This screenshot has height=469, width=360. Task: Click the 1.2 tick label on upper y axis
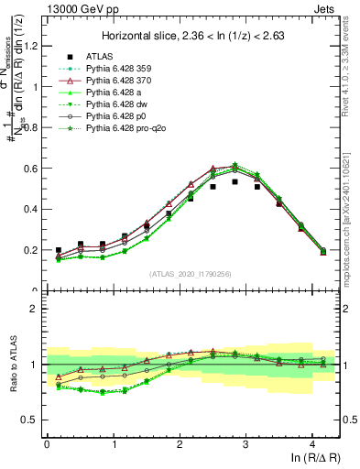tap(32, 47)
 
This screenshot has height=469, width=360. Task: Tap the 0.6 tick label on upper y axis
tap(32, 169)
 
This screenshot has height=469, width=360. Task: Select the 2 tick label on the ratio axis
tap(37, 309)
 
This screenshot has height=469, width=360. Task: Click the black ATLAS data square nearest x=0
tap(59, 250)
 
